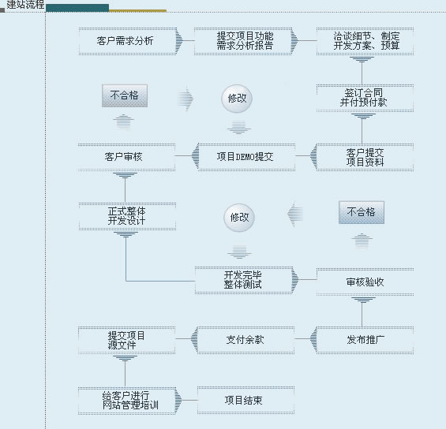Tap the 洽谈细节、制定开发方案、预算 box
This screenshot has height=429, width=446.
tap(365, 41)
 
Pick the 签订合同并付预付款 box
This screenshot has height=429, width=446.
tap(365, 98)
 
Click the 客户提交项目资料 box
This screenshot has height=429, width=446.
tap(365, 157)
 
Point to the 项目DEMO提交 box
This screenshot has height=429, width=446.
tap(246, 157)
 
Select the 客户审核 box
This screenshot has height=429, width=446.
tap(126, 157)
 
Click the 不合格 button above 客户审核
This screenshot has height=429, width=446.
tap(125, 95)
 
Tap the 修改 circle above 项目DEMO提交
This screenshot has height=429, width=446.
tap(237, 99)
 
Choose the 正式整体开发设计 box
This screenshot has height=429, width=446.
tap(127, 216)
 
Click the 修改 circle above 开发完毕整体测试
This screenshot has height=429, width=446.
tap(239, 218)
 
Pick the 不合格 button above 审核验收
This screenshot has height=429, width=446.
tap(362, 212)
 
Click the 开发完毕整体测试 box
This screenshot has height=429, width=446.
tap(244, 280)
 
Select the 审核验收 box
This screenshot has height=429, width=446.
tap(365, 282)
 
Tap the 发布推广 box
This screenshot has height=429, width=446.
tap(365, 340)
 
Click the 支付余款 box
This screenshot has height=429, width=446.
tap(245, 340)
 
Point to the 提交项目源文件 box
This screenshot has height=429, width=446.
tap(126, 340)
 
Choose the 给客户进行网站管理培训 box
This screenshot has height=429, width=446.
tap(127, 401)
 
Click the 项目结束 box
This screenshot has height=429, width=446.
tap(245, 400)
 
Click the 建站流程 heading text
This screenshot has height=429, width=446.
tap(25, 5)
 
